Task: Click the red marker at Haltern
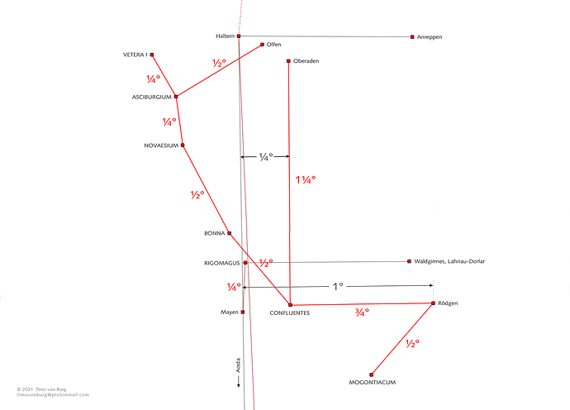click(239, 36)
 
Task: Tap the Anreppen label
click(430, 37)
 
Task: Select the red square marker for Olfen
click(262, 45)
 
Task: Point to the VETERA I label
click(135, 55)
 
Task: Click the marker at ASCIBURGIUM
click(176, 97)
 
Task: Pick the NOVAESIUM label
click(161, 145)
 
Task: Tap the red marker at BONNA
click(230, 233)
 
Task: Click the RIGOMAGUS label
click(221, 263)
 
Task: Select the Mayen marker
click(243, 312)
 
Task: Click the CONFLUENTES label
click(290, 312)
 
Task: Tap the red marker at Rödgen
click(434, 303)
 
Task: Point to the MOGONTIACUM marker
click(371, 374)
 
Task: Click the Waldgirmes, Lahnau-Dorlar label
click(449, 261)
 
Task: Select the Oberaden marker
click(288, 61)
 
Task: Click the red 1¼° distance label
click(306, 179)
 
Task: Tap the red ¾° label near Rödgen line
click(362, 312)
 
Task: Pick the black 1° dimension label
click(338, 287)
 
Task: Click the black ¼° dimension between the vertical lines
click(266, 157)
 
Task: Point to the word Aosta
click(239, 365)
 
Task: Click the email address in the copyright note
click(53, 395)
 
